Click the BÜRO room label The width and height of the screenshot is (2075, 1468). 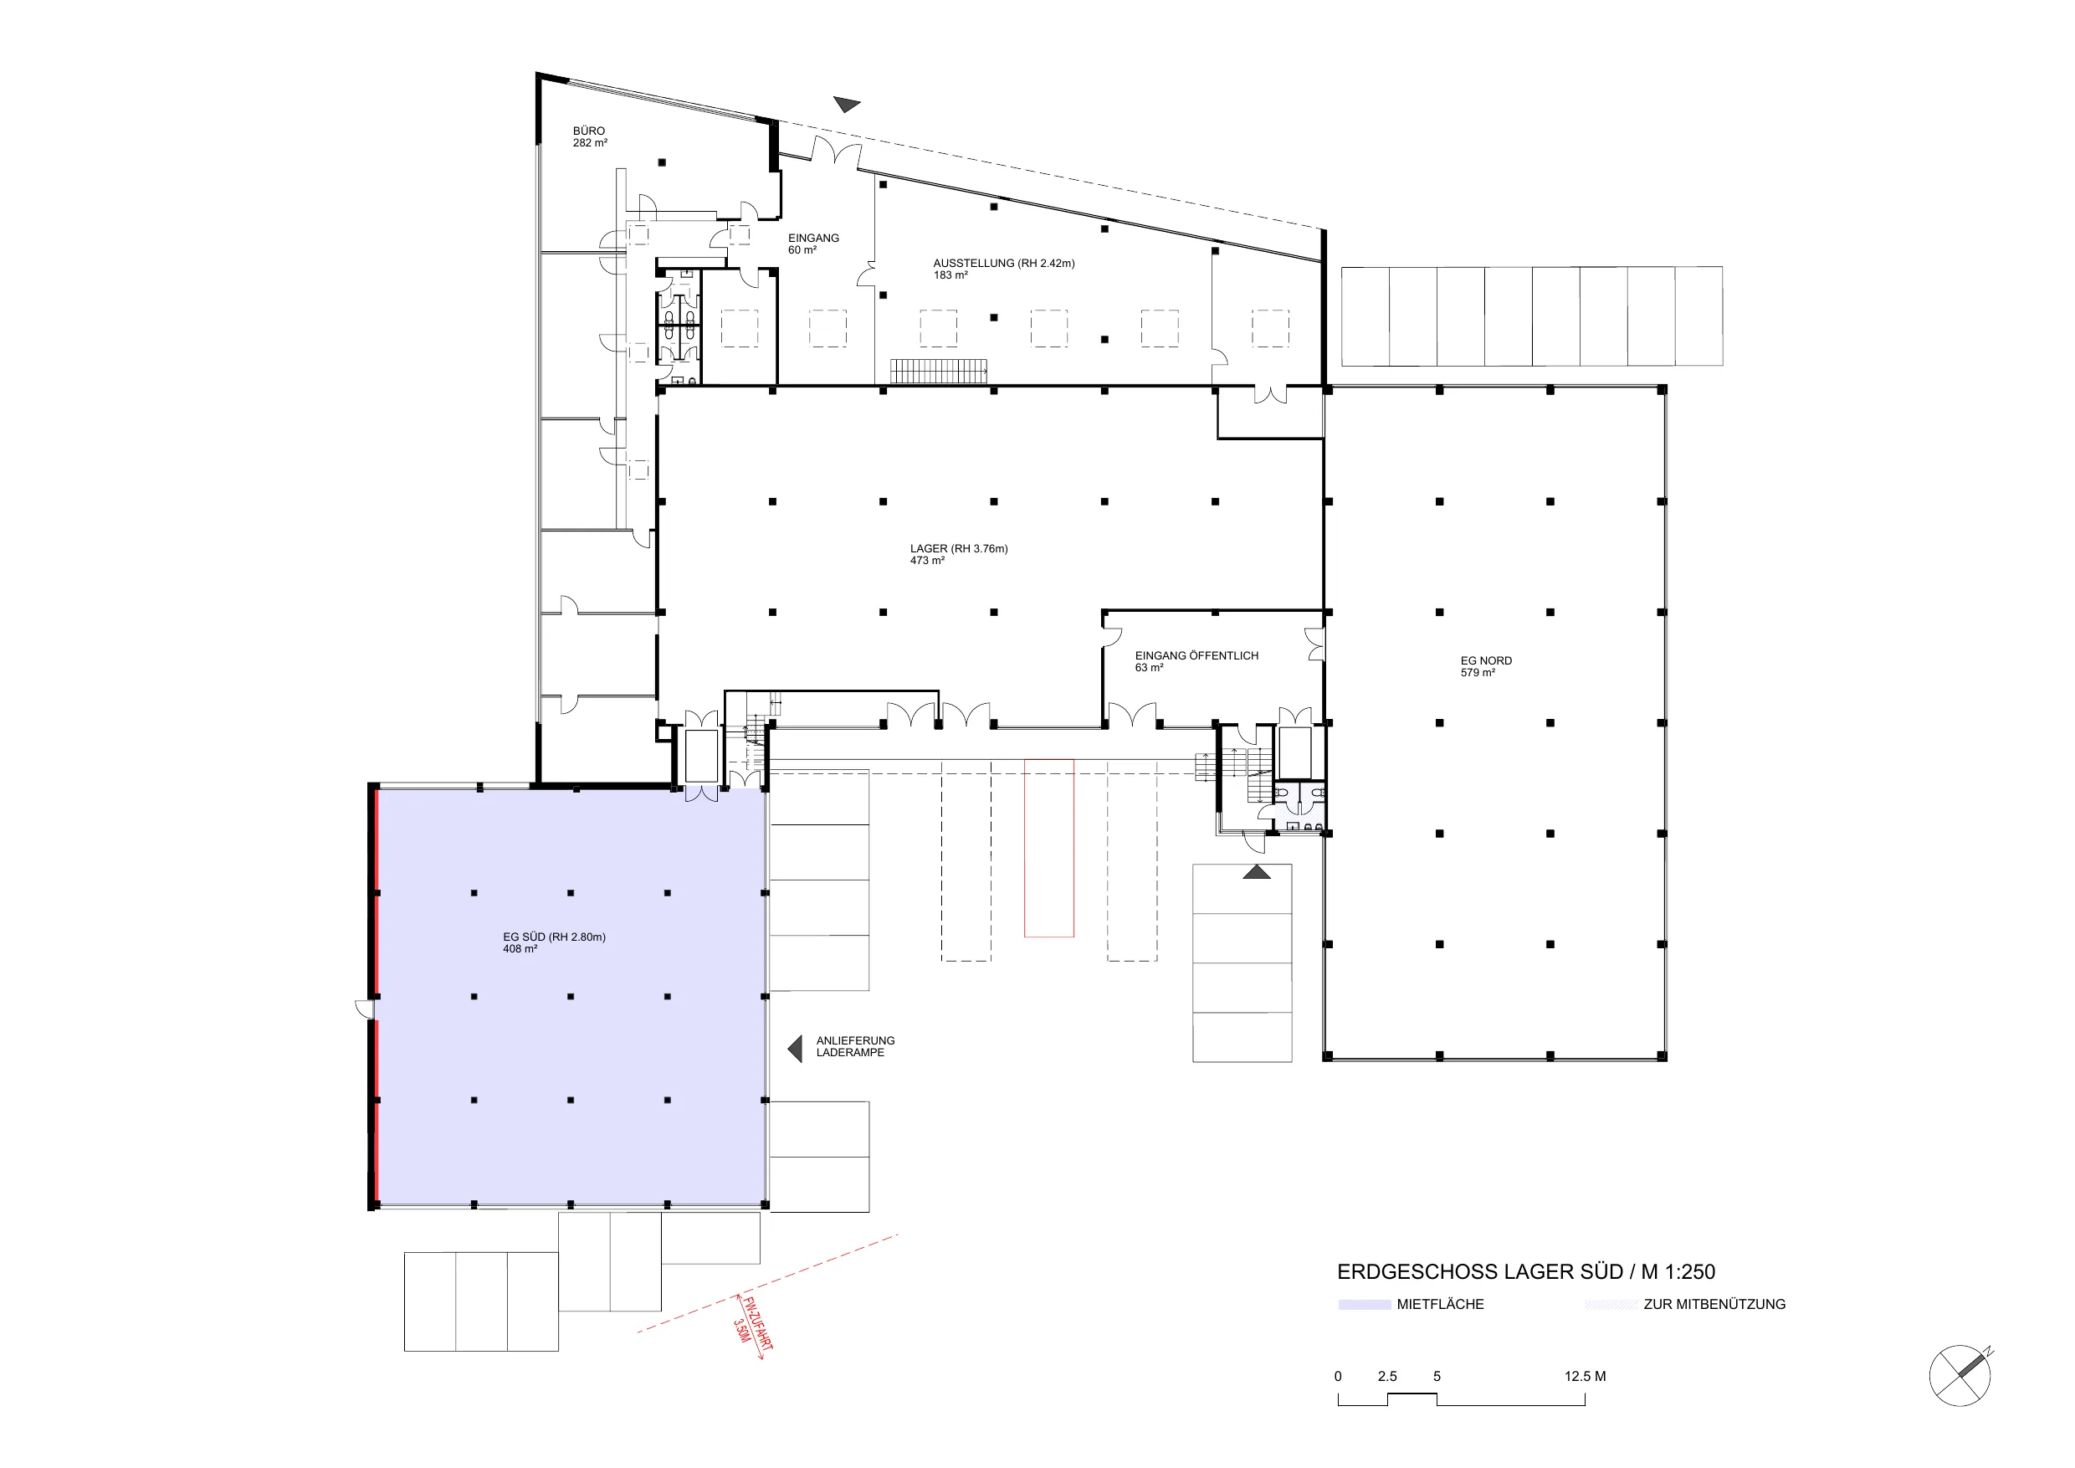pos(589,136)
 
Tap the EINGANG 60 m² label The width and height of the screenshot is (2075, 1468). pos(813,244)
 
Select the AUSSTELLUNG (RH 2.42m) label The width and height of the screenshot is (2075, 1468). pos(1004,269)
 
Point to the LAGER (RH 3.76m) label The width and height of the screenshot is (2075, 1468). pos(959,554)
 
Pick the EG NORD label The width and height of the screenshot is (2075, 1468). pos(1486,666)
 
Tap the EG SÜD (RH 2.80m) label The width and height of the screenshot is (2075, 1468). pos(554,942)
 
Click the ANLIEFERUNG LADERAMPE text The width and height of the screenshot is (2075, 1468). pos(855,1047)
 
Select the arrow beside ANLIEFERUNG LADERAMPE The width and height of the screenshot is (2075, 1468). pos(796,1049)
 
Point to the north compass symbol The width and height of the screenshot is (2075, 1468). pos(1960,1376)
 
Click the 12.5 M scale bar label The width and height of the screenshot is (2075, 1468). pos(1586,1377)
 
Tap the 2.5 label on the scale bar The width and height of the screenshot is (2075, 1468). pos(1387,1377)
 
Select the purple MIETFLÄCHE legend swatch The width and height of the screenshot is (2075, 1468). pos(1364,1305)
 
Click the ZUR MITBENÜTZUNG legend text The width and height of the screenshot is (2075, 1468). pos(1714,1305)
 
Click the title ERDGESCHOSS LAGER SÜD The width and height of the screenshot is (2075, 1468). pos(1480,1272)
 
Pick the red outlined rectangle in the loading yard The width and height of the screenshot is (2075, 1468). pos(1048,848)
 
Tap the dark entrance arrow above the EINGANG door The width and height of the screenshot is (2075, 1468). pos(847,105)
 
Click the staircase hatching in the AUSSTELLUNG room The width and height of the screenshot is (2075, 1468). pos(938,371)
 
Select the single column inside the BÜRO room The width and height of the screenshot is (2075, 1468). pos(662,162)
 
